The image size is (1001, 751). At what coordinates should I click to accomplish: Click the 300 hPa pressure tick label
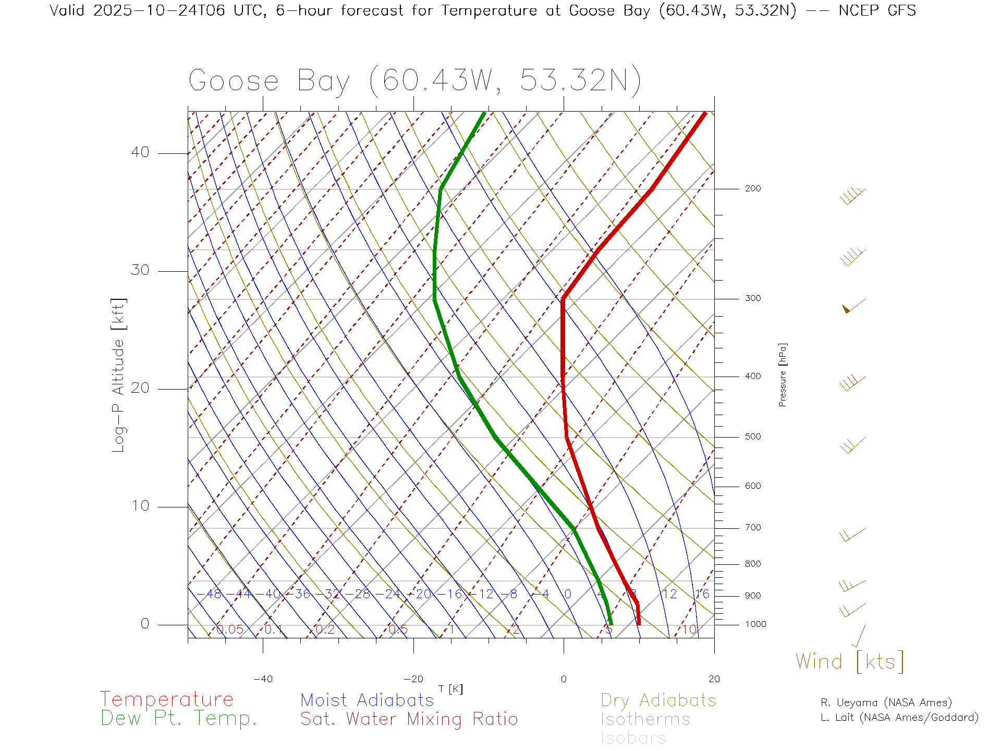[752, 298]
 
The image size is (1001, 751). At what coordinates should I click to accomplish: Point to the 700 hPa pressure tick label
[752, 528]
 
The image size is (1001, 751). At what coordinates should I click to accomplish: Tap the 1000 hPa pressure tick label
[755, 624]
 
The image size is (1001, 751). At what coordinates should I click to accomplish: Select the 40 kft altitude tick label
[140, 152]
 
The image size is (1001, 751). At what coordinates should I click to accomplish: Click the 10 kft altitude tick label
[140, 506]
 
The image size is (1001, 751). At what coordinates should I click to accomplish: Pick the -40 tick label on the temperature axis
[263, 679]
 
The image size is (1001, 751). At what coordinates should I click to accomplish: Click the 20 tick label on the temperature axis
[714, 679]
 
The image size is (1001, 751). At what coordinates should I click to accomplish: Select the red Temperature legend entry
[167, 699]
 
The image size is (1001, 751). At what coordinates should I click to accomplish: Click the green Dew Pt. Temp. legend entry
[179, 719]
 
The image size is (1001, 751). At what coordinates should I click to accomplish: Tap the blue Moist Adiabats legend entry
[367, 700]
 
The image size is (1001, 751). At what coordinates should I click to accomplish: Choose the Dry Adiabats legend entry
[658, 700]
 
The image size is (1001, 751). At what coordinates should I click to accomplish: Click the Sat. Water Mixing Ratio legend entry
[409, 719]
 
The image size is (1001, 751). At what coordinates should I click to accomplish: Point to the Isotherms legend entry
[645, 719]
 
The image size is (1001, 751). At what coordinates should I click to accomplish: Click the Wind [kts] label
[849, 661]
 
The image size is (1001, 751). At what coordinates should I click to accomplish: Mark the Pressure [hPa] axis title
[783, 374]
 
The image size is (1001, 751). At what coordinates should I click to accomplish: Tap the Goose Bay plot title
[414, 81]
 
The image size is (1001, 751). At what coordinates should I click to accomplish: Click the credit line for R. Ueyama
[886, 702]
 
